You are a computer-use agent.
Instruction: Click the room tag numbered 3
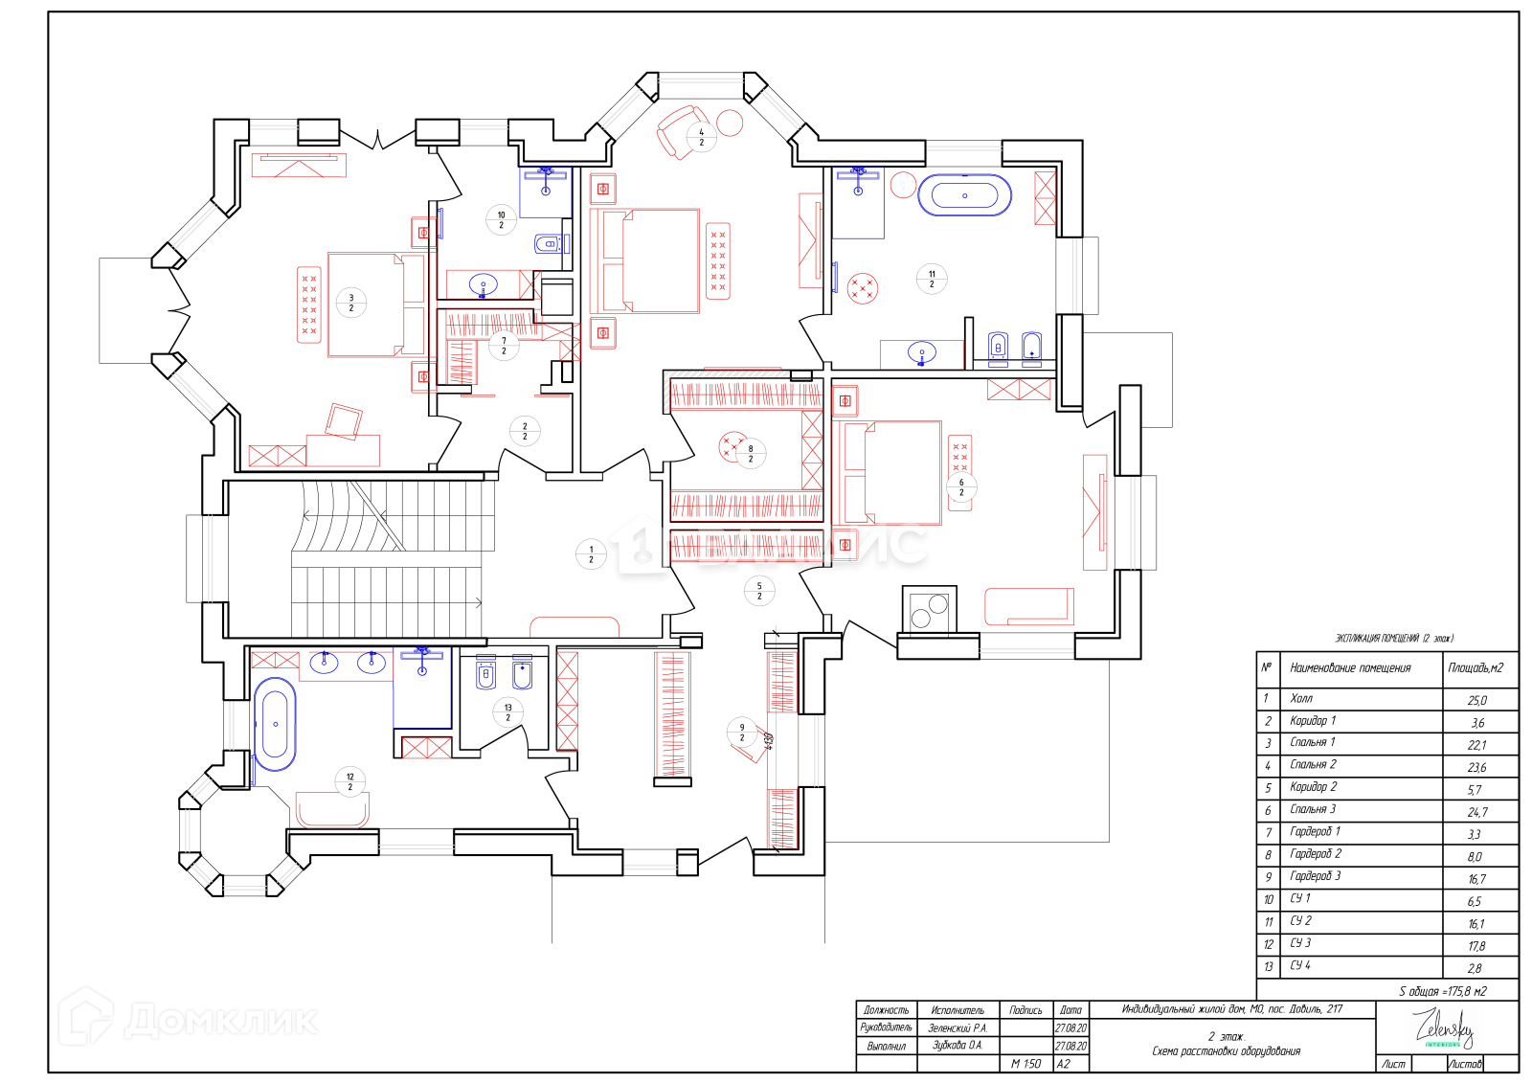click(x=351, y=303)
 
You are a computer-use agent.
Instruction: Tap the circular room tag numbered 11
click(x=932, y=279)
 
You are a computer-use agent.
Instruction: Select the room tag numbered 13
click(x=507, y=712)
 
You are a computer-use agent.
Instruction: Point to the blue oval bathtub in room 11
click(x=964, y=195)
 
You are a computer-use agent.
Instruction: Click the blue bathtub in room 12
click(x=275, y=724)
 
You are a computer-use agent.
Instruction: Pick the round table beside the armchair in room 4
click(x=730, y=123)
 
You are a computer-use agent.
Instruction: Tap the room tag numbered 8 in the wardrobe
click(x=751, y=453)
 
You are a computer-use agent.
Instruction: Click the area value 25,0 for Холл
click(x=1476, y=700)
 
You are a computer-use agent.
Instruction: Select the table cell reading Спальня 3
click(x=1313, y=809)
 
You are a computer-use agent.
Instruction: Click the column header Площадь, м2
click(x=1476, y=667)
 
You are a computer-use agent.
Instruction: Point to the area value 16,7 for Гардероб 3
click(x=1476, y=878)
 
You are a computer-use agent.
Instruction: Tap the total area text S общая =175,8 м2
click(x=1442, y=991)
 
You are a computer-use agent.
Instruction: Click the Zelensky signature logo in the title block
click(x=1445, y=1028)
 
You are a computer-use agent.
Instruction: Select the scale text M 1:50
click(x=1025, y=1064)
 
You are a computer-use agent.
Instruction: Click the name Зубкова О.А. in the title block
click(x=957, y=1046)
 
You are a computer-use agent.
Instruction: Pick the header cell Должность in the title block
click(x=886, y=1010)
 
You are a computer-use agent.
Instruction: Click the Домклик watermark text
click(x=220, y=1021)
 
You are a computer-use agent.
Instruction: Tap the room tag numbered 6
click(x=961, y=487)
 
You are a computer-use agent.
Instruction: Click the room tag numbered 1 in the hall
click(x=591, y=554)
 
